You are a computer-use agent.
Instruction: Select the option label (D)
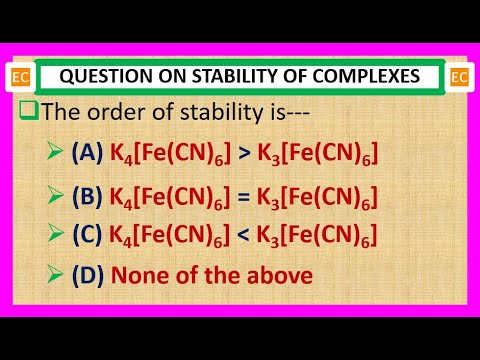[x=87, y=275]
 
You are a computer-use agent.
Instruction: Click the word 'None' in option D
[x=139, y=275]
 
